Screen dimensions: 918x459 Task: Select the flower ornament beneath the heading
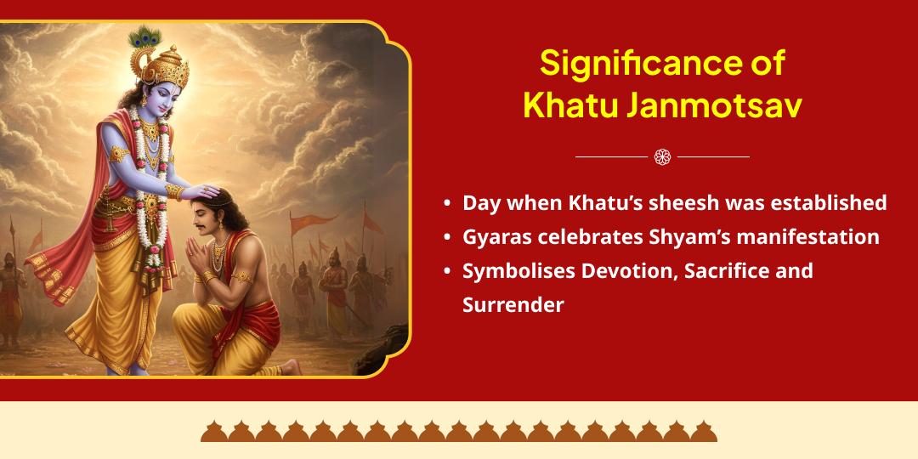tap(662, 157)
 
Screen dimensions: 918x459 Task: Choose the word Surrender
tap(513, 305)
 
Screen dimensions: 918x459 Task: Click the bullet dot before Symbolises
tap(447, 272)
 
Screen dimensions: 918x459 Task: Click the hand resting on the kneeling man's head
tap(201, 191)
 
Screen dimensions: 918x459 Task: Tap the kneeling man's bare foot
tap(290, 367)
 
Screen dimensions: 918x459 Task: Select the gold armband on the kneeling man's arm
tap(241, 276)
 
